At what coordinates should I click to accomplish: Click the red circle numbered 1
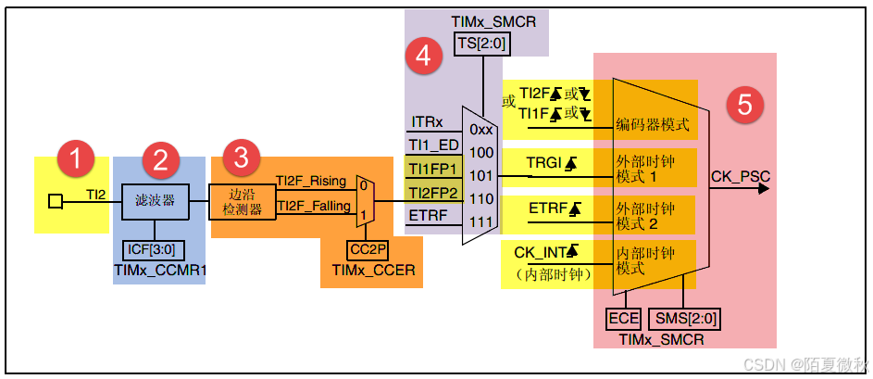click(x=75, y=158)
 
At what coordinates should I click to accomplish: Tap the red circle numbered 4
click(x=423, y=57)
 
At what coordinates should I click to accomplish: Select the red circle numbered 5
click(x=745, y=105)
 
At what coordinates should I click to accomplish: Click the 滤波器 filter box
click(x=156, y=200)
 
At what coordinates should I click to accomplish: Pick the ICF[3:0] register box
click(x=155, y=250)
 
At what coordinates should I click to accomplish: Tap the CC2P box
click(x=368, y=250)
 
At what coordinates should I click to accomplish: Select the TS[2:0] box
click(x=480, y=43)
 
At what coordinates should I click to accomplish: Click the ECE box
click(x=623, y=319)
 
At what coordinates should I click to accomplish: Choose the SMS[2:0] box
click(x=686, y=319)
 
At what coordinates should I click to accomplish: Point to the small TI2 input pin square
click(x=56, y=200)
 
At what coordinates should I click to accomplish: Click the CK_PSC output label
click(x=739, y=174)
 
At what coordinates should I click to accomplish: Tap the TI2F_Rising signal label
click(x=310, y=182)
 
